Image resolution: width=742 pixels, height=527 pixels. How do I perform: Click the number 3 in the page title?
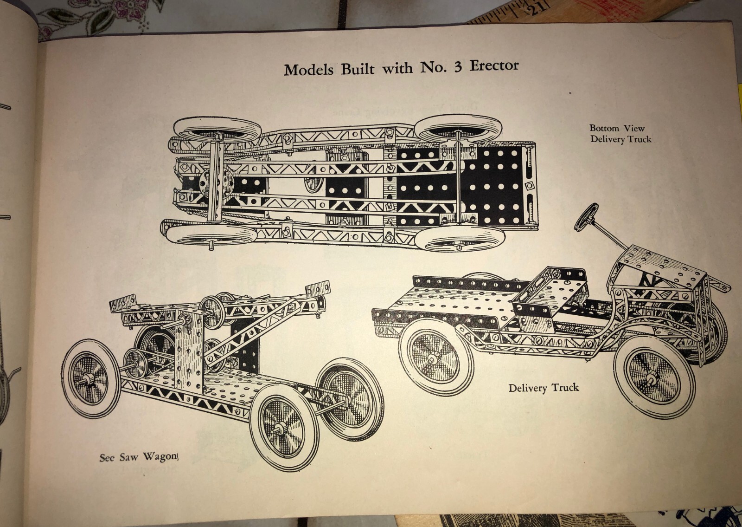tap(457, 66)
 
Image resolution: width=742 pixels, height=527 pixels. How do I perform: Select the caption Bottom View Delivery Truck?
tap(620, 133)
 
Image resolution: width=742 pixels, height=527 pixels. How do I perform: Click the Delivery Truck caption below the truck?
tap(544, 388)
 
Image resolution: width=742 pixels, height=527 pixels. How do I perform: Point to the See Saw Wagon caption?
tap(138, 457)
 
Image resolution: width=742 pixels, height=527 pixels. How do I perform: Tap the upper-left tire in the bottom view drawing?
tap(218, 129)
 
